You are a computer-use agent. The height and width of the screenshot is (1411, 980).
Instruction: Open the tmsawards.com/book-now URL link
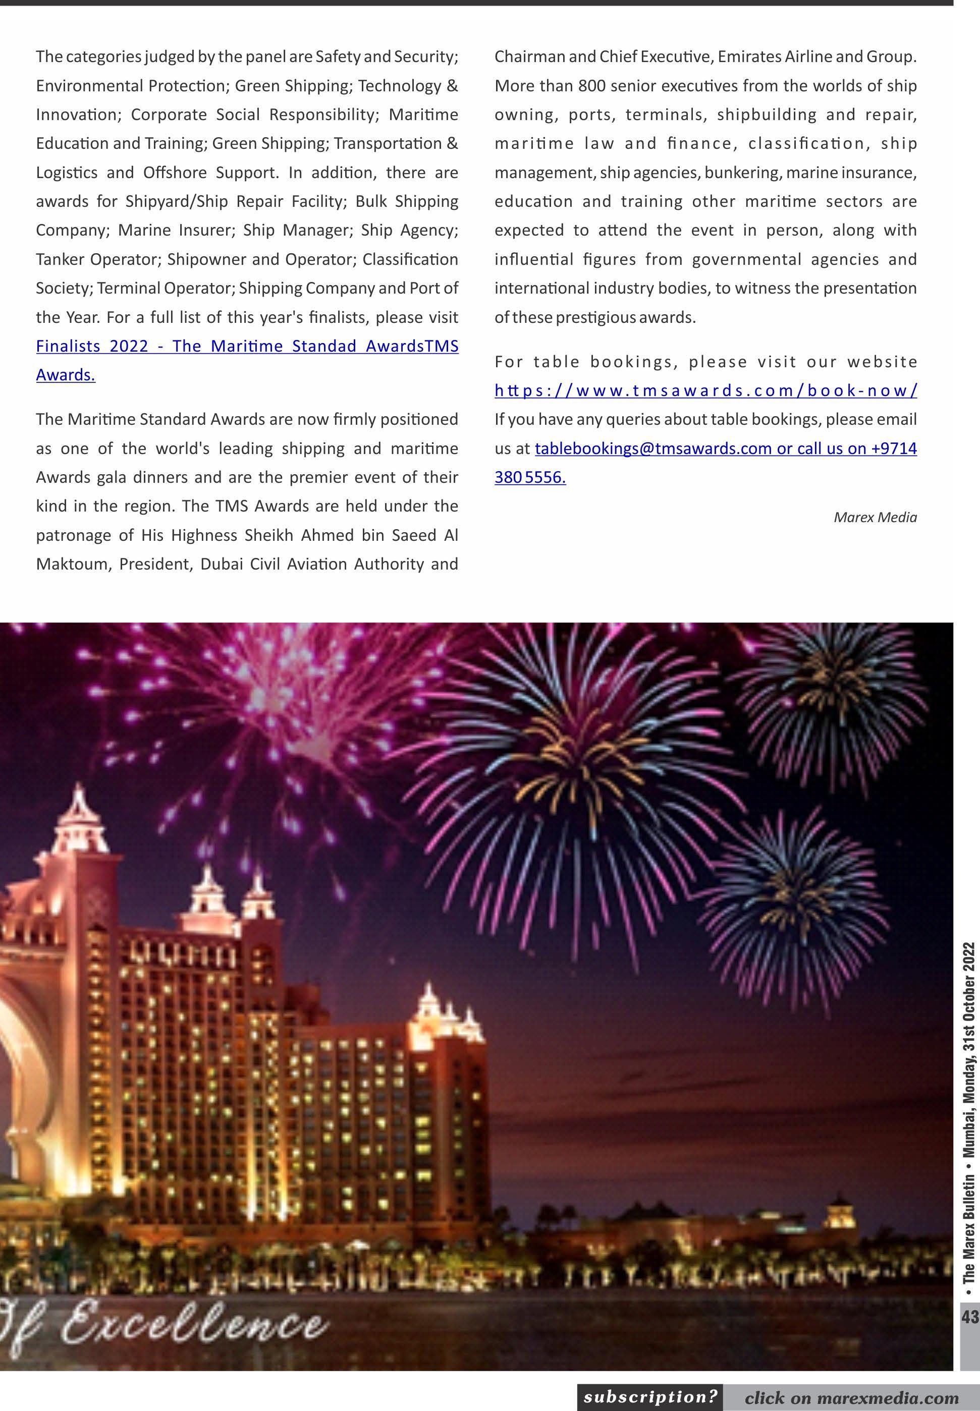pos(705,391)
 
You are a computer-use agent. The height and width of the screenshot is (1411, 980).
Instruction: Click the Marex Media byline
pos(875,518)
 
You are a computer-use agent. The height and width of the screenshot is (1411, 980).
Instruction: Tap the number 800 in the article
pos(591,86)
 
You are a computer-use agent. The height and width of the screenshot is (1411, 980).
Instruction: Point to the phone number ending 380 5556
pos(529,478)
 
